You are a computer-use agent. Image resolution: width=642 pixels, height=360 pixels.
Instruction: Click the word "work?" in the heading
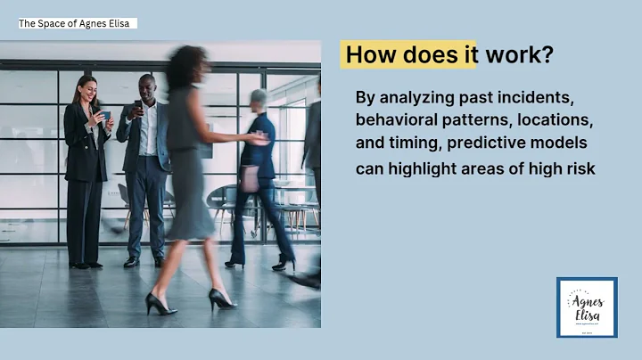(517, 54)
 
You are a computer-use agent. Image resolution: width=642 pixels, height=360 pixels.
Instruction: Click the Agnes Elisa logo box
(586, 307)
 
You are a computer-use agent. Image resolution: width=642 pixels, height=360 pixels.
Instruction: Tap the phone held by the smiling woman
(106, 115)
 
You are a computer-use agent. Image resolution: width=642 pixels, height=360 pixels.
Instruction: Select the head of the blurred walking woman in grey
(190, 67)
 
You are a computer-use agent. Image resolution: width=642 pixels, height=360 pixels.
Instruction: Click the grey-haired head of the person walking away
(259, 99)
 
